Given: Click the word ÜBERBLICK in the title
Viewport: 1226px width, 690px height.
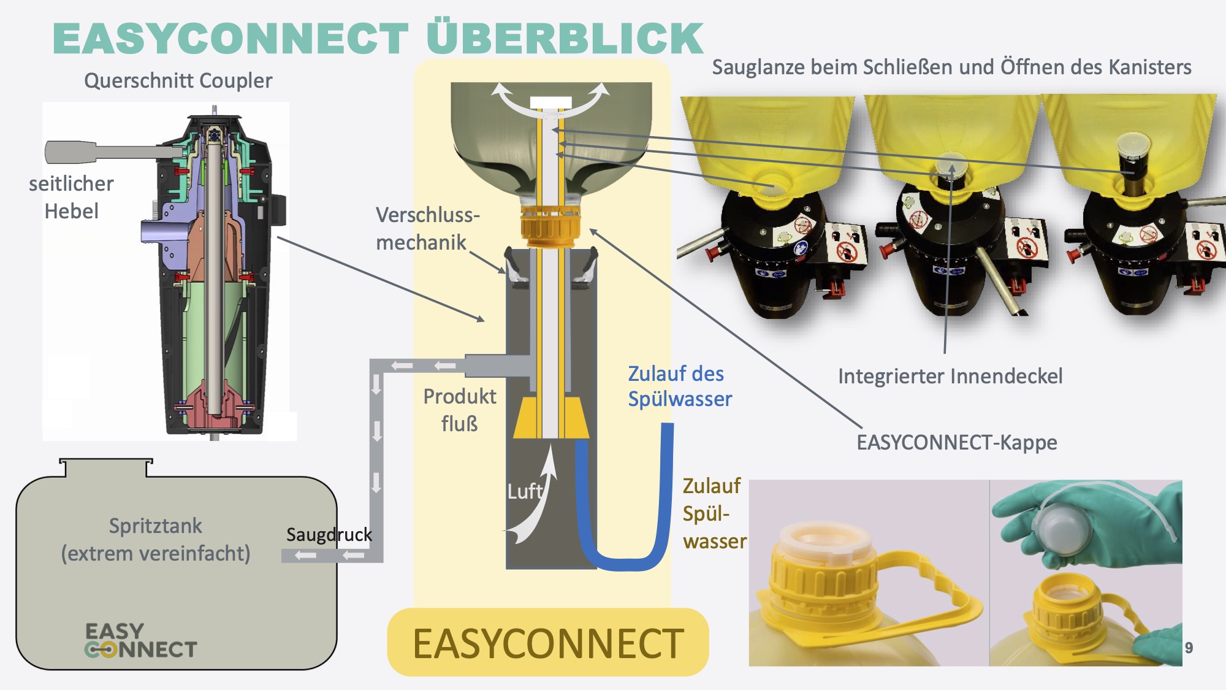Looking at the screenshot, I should [x=565, y=38].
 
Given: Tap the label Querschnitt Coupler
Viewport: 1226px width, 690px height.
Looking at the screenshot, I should [x=178, y=80].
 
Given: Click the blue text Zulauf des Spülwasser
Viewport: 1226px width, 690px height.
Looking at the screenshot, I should [x=679, y=386].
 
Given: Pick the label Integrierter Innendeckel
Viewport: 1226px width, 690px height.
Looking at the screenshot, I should [x=950, y=376].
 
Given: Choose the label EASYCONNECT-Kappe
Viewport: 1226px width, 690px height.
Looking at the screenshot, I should [x=956, y=442].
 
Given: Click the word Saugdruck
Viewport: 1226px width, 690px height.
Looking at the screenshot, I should [x=329, y=534].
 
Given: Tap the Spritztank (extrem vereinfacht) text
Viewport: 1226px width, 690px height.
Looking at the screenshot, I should [x=156, y=540].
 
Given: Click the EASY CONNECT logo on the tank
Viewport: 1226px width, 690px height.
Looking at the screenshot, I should [x=140, y=640].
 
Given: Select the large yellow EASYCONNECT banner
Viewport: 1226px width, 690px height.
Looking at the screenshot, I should [x=547, y=643].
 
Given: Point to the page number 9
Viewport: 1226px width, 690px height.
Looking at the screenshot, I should [x=1189, y=648].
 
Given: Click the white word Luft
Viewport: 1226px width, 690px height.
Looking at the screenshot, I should [x=524, y=491].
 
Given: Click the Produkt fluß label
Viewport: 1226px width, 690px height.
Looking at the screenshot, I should [x=459, y=410].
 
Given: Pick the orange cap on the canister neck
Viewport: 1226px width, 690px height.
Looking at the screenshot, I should [x=550, y=225].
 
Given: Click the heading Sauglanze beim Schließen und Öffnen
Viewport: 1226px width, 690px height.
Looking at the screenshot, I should [x=951, y=67].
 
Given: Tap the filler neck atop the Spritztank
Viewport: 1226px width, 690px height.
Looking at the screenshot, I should [x=105, y=467].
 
